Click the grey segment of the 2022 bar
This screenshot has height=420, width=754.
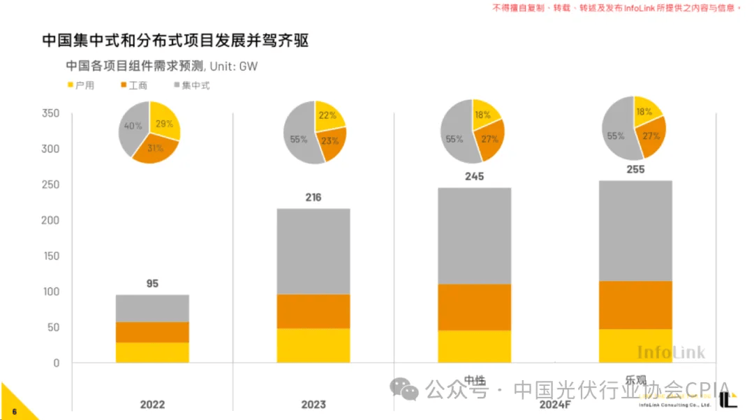(152, 308)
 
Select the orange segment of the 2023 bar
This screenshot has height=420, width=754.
(313, 311)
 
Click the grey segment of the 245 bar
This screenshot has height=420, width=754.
(474, 236)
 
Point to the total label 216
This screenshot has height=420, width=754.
(313, 198)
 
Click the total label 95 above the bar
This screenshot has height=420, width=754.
(152, 284)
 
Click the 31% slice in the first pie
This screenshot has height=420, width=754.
(155, 148)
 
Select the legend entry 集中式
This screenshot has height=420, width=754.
(191, 85)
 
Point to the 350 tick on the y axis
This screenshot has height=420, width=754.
(50, 113)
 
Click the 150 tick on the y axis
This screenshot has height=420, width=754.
(50, 256)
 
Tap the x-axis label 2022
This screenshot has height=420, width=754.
(152, 405)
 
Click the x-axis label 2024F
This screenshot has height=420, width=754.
(554, 405)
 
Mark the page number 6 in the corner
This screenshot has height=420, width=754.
(14, 412)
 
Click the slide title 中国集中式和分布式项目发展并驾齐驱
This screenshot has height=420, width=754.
(175, 41)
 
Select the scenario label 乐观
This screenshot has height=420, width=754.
(635, 380)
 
